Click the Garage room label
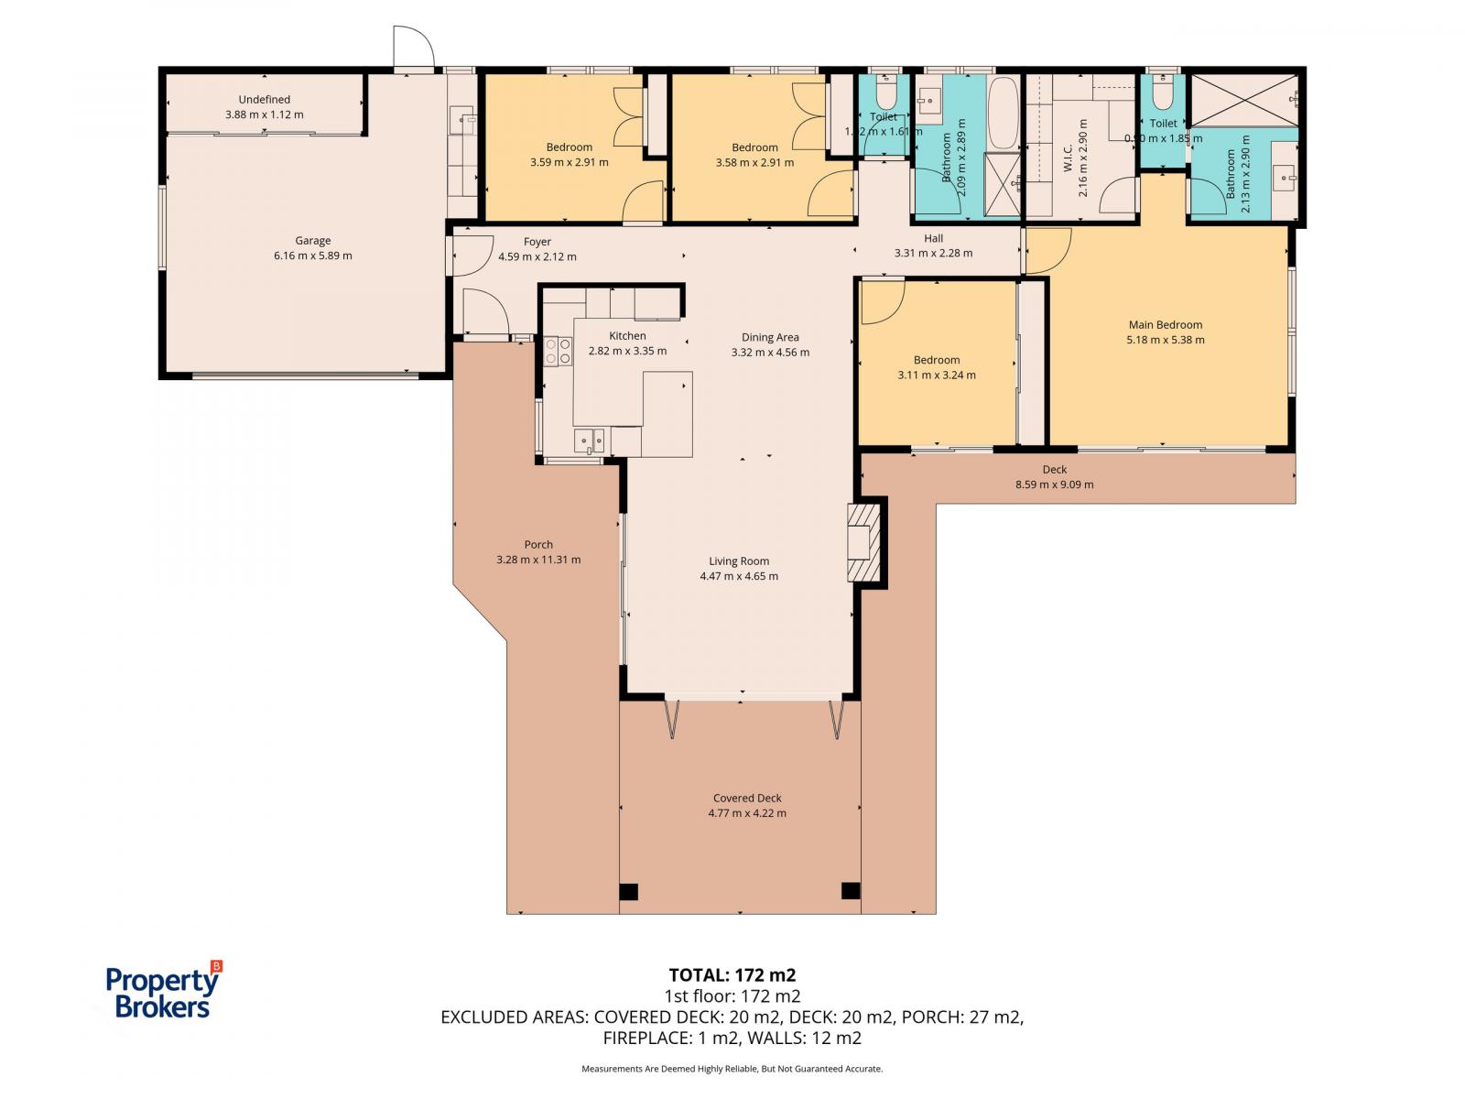click(x=312, y=241)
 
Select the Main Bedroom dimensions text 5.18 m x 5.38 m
click(x=1165, y=340)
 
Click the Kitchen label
click(x=627, y=336)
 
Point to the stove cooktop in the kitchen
click(x=558, y=351)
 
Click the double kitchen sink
click(x=589, y=442)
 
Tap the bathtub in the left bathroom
click(x=1004, y=114)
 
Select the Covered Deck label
click(x=746, y=798)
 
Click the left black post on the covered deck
click(x=628, y=891)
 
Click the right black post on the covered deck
click(x=850, y=890)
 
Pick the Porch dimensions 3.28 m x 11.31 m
click(x=538, y=560)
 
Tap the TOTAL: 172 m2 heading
click(x=725, y=974)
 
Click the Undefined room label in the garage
click(x=264, y=99)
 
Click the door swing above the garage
click(x=412, y=48)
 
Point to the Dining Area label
click(x=769, y=337)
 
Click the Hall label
click(x=933, y=238)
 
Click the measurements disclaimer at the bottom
click(x=732, y=1069)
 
